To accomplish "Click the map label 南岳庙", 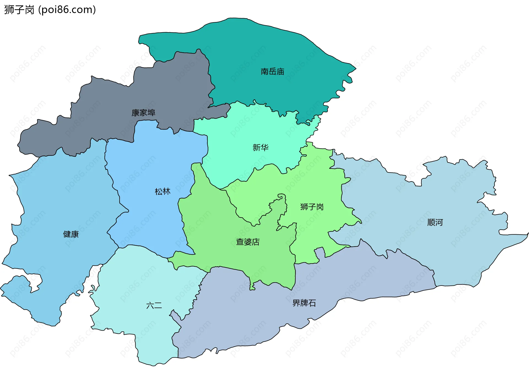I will tap(272, 72).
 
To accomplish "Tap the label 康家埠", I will tap(143, 113).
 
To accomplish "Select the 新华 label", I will tap(260, 148).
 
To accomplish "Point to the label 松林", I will tap(163, 191).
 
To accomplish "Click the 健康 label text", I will tap(71, 234).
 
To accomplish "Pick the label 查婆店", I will tap(248, 242).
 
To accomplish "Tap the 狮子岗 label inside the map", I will tap(312, 207).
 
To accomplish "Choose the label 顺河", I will tap(435, 222).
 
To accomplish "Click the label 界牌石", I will tap(304, 303).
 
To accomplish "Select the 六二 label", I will tap(154, 306).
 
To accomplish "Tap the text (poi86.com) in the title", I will tap(67, 10).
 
